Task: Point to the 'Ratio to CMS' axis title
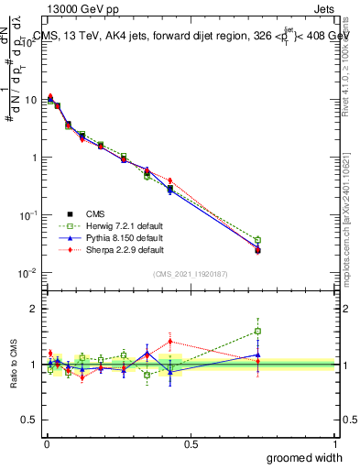click(x=13, y=365)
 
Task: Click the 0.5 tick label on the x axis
click(x=191, y=442)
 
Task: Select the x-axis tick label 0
click(x=46, y=442)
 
